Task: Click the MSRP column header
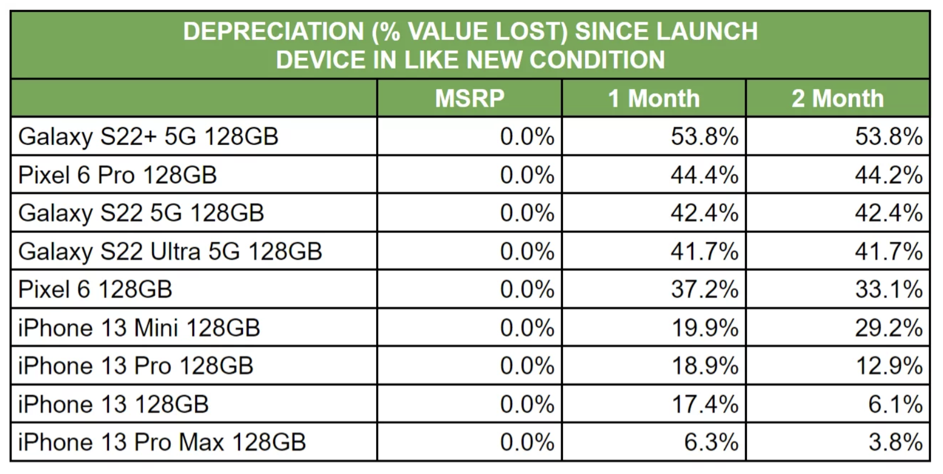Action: pos(469,98)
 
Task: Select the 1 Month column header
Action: pos(654,98)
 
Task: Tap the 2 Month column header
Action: pos(837,98)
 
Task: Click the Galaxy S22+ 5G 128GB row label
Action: pos(148,136)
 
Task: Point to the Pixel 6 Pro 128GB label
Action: pos(118,175)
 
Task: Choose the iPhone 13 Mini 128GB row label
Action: pos(139,328)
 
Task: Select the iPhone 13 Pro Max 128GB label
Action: pos(162,443)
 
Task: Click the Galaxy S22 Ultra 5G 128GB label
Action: pos(170,251)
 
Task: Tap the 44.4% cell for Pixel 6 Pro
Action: pos(704,175)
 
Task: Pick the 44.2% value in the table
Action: pos(888,175)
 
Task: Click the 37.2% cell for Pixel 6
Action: pos(704,290)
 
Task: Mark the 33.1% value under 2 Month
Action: pos(888,290)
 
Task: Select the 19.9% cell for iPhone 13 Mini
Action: pos(704,328)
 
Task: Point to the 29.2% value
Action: pos(888,328)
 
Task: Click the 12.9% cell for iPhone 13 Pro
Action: pos(888,366)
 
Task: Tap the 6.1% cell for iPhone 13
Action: pos(895,404)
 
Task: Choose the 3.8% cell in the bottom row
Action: pos(895,443)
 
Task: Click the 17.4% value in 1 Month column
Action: pos(704,404)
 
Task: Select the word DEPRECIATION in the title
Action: pos(273,31)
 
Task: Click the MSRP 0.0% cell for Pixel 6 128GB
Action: pos(527,290)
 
